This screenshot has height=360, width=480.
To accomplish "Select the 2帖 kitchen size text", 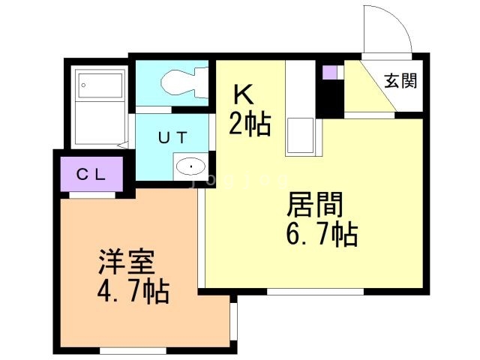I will point(249,124).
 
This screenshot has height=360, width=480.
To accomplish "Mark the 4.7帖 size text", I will point(132,290).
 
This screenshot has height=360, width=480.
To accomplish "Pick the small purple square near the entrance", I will point(328,73).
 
